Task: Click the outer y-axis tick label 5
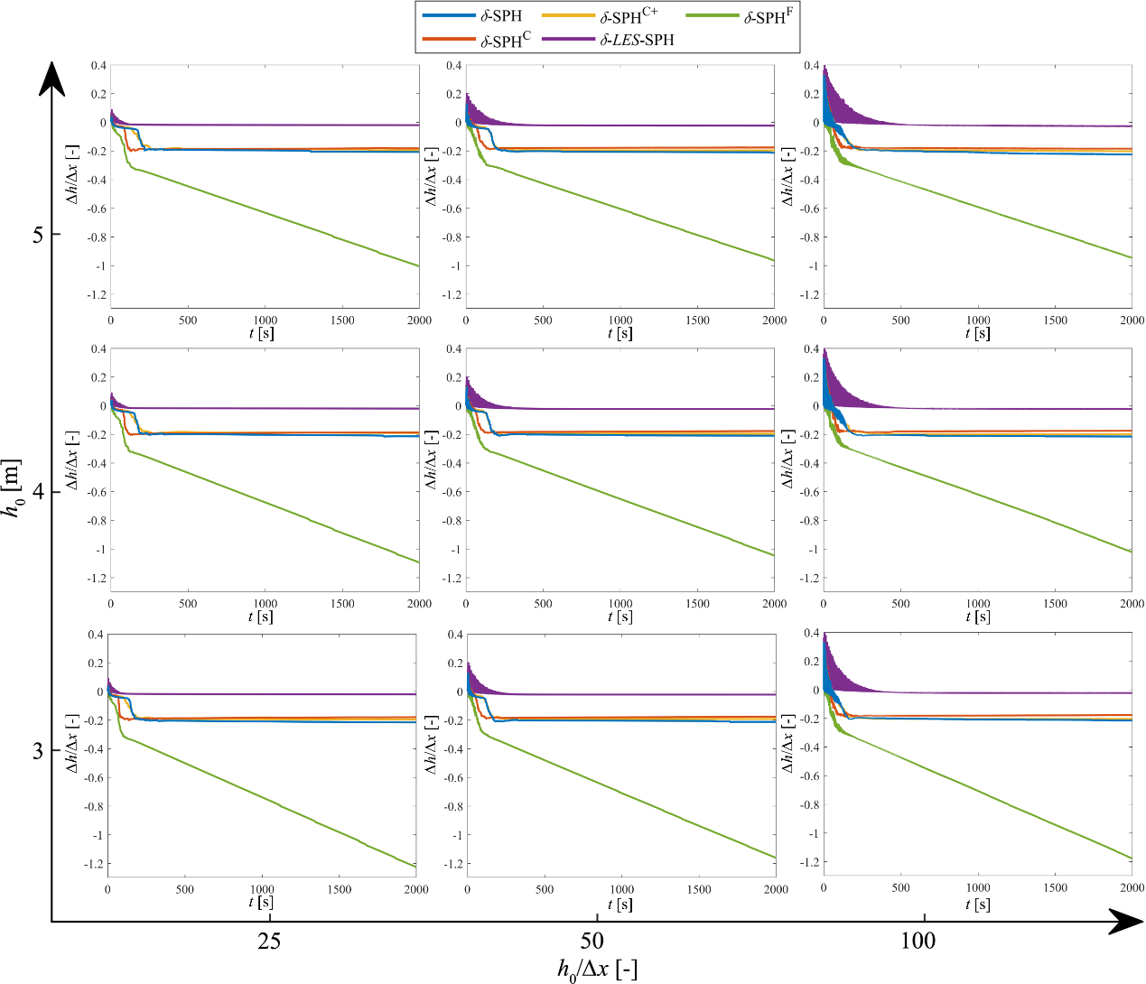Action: (x=37, y=235)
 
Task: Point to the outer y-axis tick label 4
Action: (x=37, y=492)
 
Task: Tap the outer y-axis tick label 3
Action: (x=37, y=751)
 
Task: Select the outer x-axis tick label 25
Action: (x=269, y=942)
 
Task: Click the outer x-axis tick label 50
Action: (x=592, y=942)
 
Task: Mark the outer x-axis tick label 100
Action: (x=918, y=942)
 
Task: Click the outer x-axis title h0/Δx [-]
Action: (x=597, y=970)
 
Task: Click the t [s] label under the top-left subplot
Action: (x=261, y=333)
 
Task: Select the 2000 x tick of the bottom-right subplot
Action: (x=1132, y=887)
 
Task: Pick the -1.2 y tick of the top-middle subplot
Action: (x=452, y=295)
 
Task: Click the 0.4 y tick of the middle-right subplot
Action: (x=810, y=349)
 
